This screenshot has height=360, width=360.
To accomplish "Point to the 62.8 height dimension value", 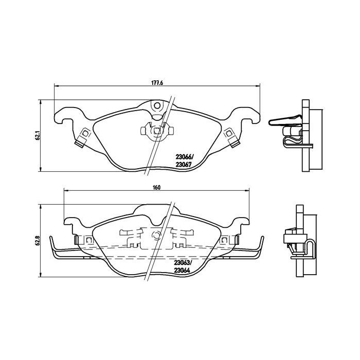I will (37, 241).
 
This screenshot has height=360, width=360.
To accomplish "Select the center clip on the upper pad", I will (156, 131).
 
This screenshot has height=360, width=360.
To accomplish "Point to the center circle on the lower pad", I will (157, 237).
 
